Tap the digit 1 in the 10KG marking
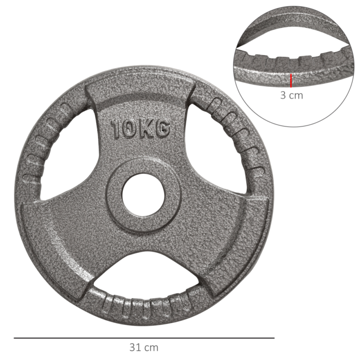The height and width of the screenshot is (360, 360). [116, 129]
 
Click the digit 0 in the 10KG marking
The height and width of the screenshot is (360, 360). [129, 129]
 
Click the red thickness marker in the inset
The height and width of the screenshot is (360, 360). [291, 80]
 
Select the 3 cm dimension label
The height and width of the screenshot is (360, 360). [291, 96]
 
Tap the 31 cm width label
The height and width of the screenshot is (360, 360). [143, 348]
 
